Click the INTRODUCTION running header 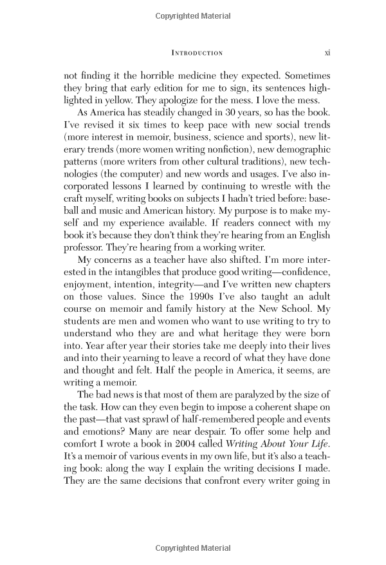tap(192, 53)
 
